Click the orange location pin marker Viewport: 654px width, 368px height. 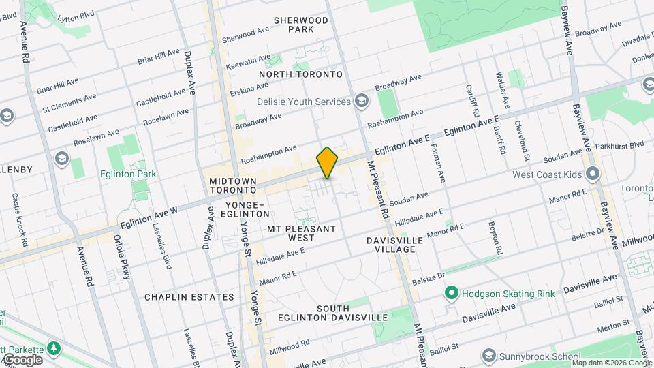(x=328, y=163)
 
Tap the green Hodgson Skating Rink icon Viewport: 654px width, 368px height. (x=450, y=294)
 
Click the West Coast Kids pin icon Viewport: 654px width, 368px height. (x=593, y=174)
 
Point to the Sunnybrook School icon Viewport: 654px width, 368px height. (x=488, y=356)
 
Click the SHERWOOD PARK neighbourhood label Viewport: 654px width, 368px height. (x=300, y=25)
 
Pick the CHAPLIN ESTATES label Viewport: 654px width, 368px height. (x=189, y=297)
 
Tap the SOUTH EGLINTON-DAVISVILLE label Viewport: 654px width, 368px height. (x=332, y=313)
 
